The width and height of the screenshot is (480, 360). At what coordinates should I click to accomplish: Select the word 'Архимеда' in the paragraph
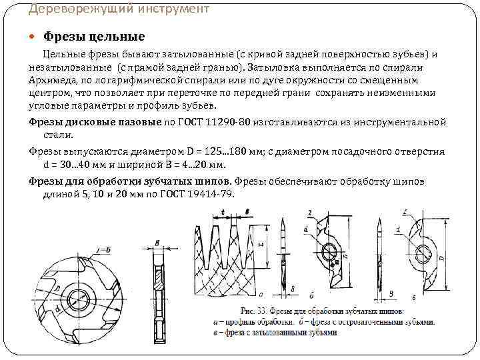[x=50, y=81]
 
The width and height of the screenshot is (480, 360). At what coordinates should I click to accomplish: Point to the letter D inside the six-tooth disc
[x=62, y=288]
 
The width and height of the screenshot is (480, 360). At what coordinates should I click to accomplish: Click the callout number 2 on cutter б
[x=311, y=213]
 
